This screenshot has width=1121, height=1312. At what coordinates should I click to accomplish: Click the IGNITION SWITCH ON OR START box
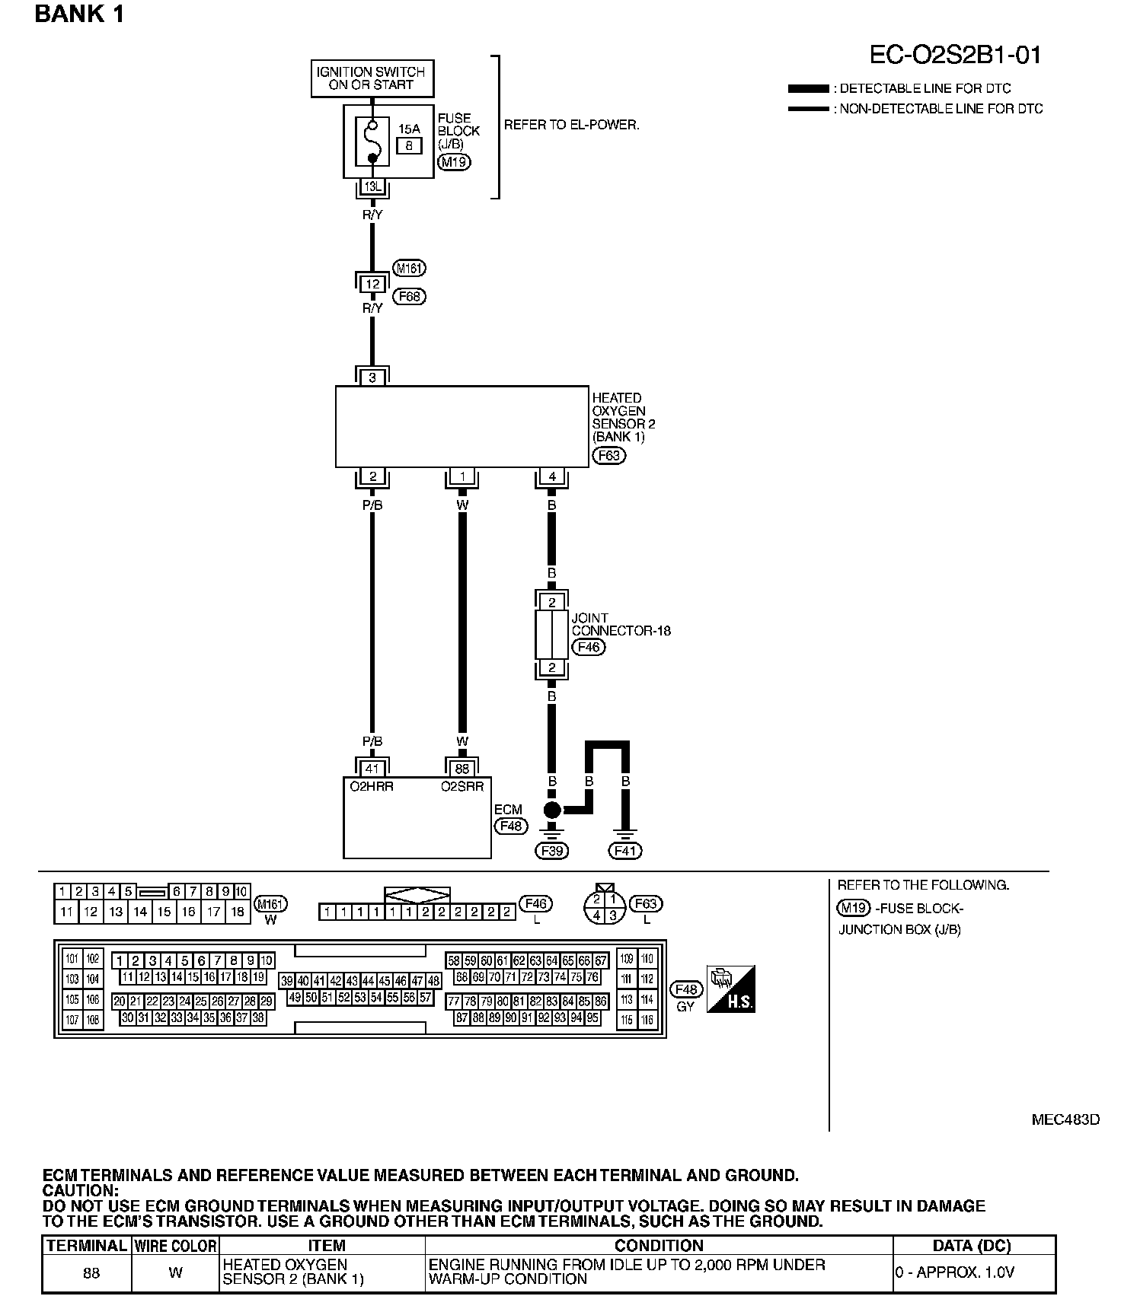click(372, 78)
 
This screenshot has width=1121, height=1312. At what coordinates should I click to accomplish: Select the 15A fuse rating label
click(409, 129)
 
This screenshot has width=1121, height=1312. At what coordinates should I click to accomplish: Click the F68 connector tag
click(409, 296)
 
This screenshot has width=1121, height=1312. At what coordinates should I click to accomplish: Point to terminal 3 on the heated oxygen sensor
click(372, 377)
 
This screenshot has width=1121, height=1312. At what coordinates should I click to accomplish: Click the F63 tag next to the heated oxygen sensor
click(608, 455)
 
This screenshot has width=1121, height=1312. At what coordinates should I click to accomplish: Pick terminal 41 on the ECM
click(372, 769)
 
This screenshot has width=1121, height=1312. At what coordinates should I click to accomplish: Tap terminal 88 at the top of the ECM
click(462, 769)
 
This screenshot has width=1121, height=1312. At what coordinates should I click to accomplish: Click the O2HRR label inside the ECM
click(372, 787)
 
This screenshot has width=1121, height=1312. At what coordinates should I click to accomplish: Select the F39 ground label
click(552, 851)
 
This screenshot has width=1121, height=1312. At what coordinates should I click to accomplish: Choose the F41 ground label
click(624, 851)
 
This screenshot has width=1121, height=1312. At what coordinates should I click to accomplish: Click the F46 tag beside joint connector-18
click(589, 647)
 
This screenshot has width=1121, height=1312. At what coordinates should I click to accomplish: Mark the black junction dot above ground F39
click(552, 810)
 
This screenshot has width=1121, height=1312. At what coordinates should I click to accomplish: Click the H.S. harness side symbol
click(731, 989)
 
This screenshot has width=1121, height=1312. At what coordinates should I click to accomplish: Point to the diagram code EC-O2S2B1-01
click(955, 55)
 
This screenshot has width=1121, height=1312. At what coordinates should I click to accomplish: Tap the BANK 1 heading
click(79, 14)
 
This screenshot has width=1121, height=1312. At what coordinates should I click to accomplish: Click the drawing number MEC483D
click(1065, 1119)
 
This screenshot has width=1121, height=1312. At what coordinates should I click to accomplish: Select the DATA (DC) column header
click(972, 1246)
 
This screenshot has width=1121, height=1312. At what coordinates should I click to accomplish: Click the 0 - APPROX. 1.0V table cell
click(955, 1272)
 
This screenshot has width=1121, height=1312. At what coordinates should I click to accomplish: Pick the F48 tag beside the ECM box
click(509, 826)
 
